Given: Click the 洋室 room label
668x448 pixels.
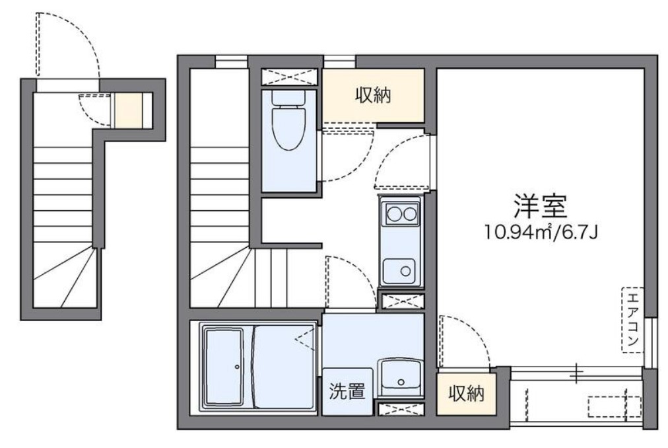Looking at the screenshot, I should pos(540,207).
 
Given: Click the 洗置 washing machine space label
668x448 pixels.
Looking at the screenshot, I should pos(347,391).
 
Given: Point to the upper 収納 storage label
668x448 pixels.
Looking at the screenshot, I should pos(374,95).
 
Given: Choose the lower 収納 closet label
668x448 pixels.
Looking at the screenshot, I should pos(467,394).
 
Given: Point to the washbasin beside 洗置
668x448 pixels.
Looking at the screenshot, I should pos(400,377).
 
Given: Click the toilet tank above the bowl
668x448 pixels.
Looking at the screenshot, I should pos(288,97).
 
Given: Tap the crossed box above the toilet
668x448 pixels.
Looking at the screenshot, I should pos(288,77).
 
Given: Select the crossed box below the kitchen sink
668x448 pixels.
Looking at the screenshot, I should pos(400,301).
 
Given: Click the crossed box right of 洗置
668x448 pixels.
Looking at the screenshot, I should pos(397,408).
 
